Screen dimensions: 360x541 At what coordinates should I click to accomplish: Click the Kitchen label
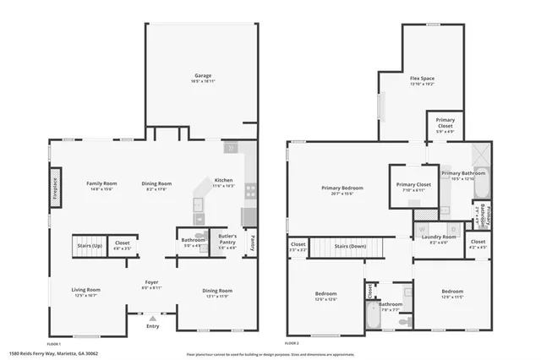pos(223,180)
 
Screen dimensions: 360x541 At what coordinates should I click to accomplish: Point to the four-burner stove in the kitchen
pos(250,190)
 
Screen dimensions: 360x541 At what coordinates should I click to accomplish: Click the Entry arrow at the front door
pos(152,319)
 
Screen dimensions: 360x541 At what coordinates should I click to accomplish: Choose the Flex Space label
pos(422,79)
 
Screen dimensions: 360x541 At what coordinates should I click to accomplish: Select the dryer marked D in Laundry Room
pos(452,229)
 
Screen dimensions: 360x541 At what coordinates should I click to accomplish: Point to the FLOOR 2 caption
pos(292,343)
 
